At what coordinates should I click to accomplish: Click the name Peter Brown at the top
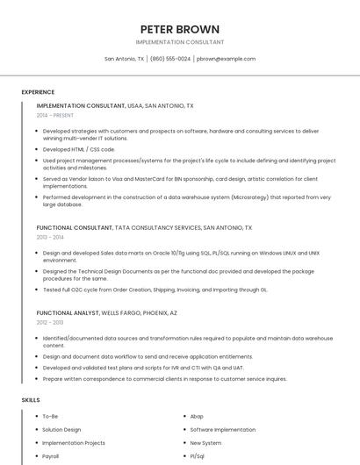(x=179, y=29)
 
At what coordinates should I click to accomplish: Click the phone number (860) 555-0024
(x=170, y=59)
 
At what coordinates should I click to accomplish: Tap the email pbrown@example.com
(x=226, y=59)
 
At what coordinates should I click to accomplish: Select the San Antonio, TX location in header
(x=124, y=59)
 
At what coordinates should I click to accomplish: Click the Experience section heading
(x=38, y=92)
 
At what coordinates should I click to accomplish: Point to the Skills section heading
(x=30, y=400)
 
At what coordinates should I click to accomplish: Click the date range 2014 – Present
(x=55, y=115)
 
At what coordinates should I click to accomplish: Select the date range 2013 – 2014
(x=50, y=237)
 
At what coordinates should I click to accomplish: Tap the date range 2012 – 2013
(x=50, y=322)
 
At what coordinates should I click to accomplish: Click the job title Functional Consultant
(x=74, y=227)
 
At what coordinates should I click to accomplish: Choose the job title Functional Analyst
(x=68, y=312)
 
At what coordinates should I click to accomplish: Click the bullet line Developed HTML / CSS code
(x=79, y=149)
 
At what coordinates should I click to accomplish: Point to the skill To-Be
(x=50, y=416)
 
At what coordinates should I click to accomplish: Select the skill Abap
(x=197, y=416)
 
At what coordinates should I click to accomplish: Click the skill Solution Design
(x=61, y=430)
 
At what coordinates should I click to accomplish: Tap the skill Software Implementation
(x=223, y=430)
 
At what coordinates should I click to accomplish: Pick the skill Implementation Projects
(x=74, y=443)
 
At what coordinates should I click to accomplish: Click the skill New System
(x=206, y=443)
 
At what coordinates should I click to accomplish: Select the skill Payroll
(x=51, y=456)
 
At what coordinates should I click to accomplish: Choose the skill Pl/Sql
(x=198, y=456)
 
